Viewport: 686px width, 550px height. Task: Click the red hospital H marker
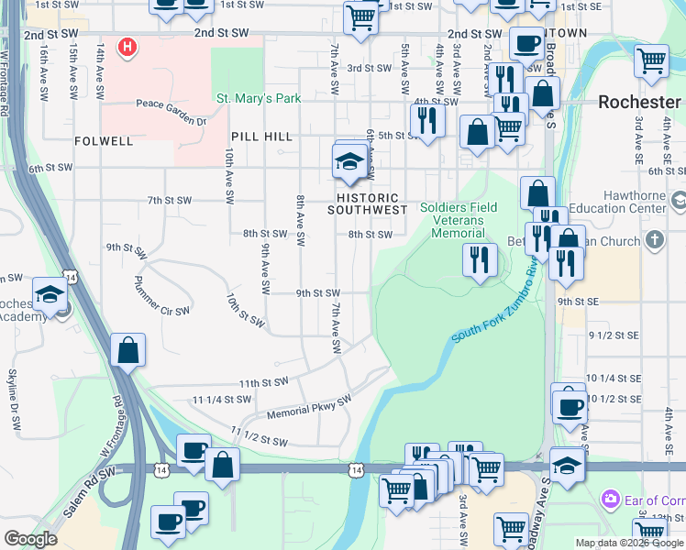tap(128, 46)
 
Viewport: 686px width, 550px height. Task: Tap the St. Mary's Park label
tap(258, 97)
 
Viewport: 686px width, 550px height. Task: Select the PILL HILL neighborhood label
tap(261, 137)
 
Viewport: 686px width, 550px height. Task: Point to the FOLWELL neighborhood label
tap(105, 141)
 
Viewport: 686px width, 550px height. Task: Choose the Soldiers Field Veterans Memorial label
tap(459, 220)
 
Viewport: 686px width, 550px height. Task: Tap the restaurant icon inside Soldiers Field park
tap(478, 260)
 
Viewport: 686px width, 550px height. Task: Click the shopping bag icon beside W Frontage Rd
tap(127, 350)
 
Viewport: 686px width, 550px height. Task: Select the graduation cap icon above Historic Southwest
tap(349, 163)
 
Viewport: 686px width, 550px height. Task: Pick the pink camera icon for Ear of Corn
tap(610, 500)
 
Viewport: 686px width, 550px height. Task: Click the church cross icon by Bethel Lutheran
tap(653, 240)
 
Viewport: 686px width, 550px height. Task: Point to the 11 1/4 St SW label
tap(221, 400)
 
